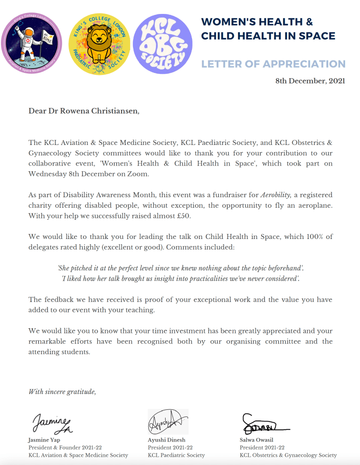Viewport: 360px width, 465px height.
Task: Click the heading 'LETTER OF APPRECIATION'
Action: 273,64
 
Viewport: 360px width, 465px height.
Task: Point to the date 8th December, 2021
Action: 310,81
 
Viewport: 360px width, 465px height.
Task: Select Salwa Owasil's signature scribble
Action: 262,424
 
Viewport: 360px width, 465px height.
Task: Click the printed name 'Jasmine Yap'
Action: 44,440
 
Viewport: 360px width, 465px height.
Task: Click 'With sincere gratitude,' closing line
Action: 62,392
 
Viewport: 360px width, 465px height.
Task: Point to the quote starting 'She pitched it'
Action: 180,267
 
